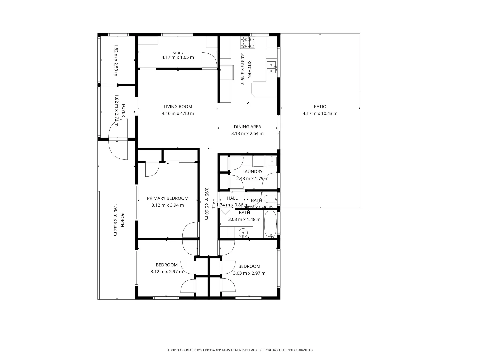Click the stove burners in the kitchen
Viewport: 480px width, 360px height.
248,42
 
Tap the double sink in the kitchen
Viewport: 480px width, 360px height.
272,68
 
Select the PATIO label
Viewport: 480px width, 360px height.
320,107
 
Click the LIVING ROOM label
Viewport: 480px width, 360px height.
178,107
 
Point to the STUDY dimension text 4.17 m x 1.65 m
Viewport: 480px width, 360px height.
178,57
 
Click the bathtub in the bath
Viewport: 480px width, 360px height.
271,225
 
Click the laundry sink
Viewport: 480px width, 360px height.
272,161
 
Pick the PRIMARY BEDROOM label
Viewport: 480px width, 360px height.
168,198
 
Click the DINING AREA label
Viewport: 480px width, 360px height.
247,127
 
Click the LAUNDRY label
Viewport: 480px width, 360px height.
252,172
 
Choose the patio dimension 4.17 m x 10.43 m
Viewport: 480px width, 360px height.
320,113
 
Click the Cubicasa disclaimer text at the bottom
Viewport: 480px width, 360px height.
240,350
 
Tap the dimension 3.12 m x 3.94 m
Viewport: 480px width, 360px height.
168,205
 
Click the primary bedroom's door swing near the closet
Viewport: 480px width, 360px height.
152,169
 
